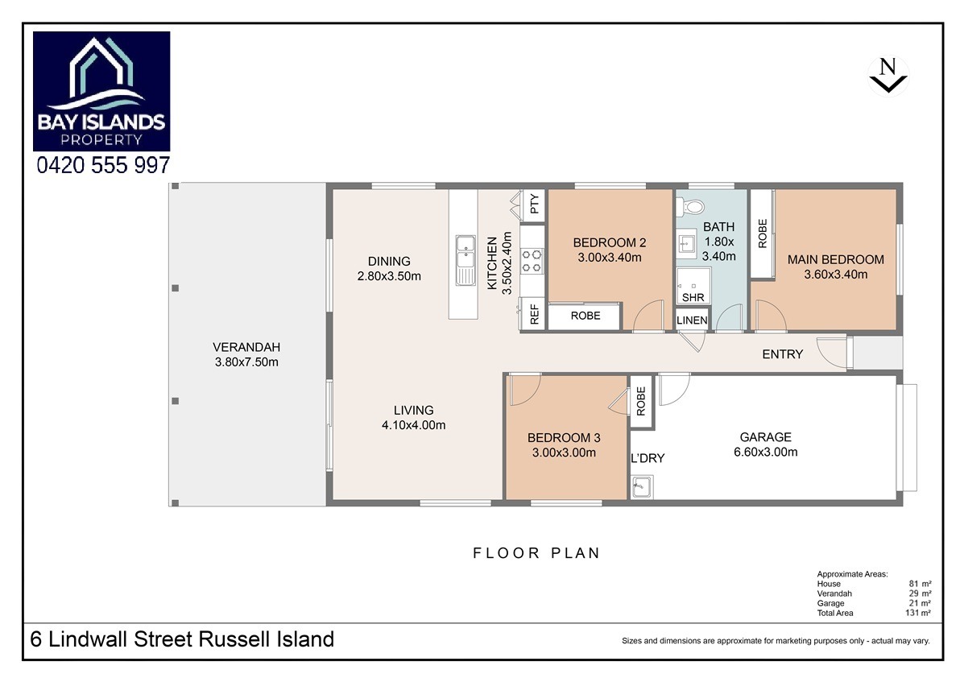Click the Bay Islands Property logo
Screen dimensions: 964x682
(101, 91)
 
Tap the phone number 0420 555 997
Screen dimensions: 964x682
(103, 165)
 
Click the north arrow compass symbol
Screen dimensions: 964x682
(888, 76)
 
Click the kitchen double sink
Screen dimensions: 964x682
(465, 261)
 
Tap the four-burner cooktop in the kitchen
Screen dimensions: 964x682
(532, 261)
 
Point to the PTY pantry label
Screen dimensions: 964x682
(534, 204)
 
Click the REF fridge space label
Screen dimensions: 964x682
(534, 313)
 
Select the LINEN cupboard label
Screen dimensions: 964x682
(692, 320)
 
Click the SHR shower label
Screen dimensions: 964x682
(693, 297)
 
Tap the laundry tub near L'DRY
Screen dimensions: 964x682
(642, 487)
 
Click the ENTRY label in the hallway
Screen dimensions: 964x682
(782, 354)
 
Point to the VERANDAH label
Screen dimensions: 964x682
(246, 347)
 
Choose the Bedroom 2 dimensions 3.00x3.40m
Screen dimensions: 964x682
(610, 258)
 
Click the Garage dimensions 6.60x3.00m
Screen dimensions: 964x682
(765, 453)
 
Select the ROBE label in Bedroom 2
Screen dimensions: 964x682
(585, 316)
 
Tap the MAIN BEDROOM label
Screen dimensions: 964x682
(835, 260)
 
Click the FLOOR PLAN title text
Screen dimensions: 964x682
(536, 553)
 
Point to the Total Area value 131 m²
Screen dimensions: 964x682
(918, 613)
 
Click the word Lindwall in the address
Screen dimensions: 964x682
(89, 639)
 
